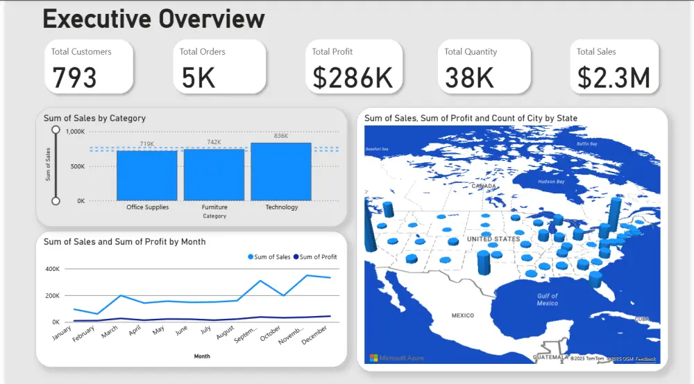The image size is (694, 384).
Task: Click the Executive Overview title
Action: click(x=153, y=19)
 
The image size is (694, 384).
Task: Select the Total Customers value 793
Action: click(x=74, y=78)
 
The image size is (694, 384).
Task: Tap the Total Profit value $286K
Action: click(x=353, y=78)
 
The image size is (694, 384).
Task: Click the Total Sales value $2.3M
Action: click(x=613, y=78)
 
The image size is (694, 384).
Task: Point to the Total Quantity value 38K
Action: click(x=469, y=78)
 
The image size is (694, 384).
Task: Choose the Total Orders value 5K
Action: click(x=198, y=78)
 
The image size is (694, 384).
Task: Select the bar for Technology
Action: click(x=281, y=172)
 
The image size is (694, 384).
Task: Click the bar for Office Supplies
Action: click(x=147, y=175)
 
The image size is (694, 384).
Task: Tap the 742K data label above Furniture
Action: click(x=214, y=143)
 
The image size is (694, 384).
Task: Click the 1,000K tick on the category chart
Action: click(x=75, y=132)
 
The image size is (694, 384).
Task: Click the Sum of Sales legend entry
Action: click(x=269, y=257)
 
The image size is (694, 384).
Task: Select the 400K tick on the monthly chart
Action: click(x=53, y=269)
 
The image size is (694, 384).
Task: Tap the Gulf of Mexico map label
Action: click(x=547, y=299)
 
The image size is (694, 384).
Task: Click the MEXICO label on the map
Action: click(x=462, y=315)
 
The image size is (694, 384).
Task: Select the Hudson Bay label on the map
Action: click(x=551, y=181)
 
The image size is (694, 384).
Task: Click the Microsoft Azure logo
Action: click(x=396, y=358)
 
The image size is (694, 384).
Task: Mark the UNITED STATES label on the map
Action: click(x=493, y=239)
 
